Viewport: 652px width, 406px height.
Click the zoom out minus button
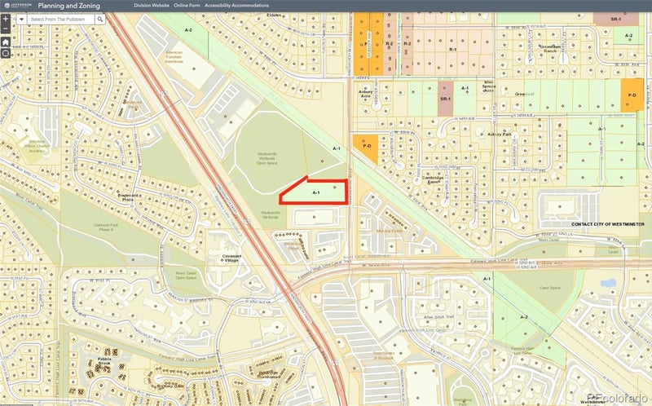[x=6, y=29]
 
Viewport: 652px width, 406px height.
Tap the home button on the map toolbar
[x=6, y=42]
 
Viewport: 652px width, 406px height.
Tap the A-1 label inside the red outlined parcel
[x=316, y=192]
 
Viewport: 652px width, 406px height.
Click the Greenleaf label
[x=519, y=94]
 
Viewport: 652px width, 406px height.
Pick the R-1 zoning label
[x=452, y=50]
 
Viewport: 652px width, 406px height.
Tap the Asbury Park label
[x=499, y=134]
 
